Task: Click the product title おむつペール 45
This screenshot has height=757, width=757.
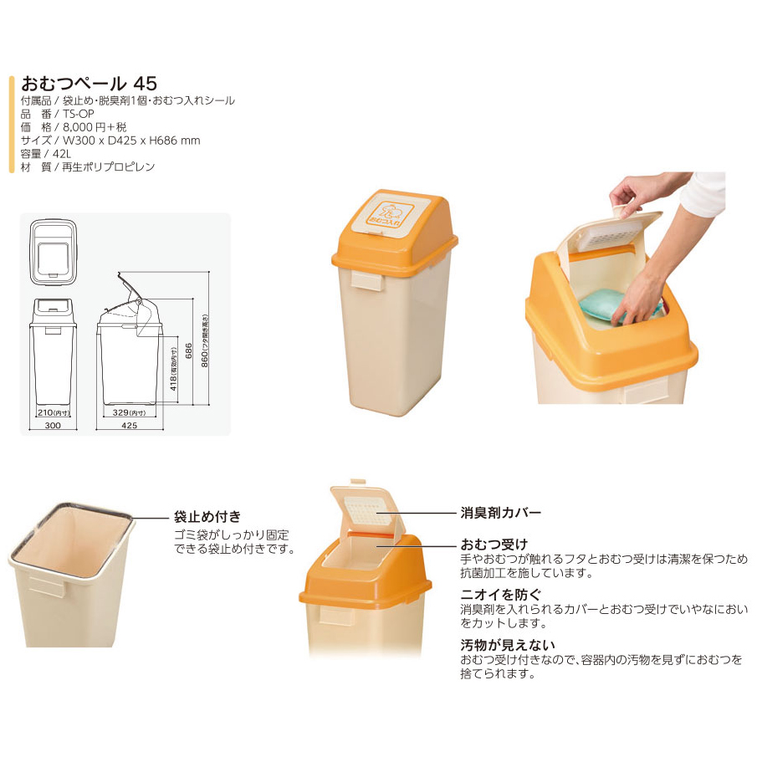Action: coord(90,84)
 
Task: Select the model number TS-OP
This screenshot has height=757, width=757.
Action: coord(79,114)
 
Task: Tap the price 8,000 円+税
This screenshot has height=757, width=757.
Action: coord(95,127)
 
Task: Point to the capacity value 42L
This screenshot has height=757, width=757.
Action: coord(62,154)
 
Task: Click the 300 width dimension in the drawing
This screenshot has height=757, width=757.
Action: coord(53,425)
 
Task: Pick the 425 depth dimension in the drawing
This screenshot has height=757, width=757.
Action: coord(130,425)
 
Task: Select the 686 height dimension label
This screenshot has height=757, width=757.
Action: coord(189,351)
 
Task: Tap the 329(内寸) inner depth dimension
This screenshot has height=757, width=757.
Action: coord(129,412)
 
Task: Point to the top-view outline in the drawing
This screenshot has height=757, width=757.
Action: coord(53,253)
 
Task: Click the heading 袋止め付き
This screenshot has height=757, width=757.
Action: coord(207,517)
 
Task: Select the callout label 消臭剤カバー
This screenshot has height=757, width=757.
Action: coord(501,512)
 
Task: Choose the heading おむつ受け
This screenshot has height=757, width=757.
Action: coord(494,544)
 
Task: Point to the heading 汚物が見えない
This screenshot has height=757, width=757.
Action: coord(508,645)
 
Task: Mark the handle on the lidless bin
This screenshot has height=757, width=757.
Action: coord(46,586)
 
